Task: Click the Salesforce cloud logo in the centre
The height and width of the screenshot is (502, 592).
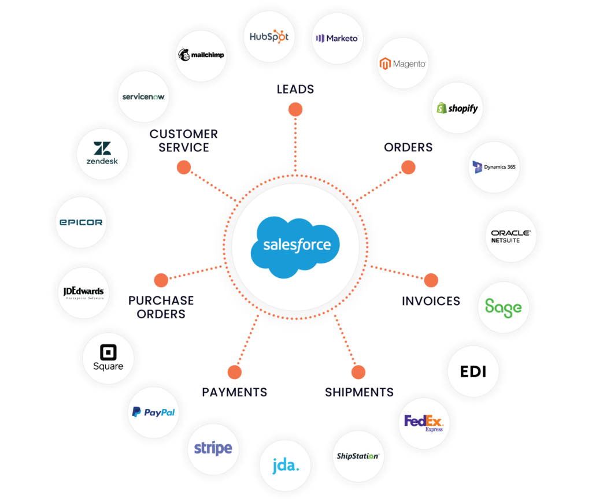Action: pos(295,246)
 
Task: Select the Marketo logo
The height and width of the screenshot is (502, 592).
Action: pos(336,38)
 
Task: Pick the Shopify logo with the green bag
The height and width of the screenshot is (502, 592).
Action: pos(457,108)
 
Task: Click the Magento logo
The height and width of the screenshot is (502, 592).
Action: pos(403,64)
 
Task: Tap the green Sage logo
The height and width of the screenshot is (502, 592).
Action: pos(504,306)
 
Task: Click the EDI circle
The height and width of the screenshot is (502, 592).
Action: pos(472,371)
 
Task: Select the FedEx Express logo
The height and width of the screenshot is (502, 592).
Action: pos(424,423)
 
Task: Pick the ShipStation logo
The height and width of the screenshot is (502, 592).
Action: pos(357,456)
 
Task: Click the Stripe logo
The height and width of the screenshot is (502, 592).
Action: pos(213,448)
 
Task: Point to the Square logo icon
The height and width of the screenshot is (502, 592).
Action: pos(108,352)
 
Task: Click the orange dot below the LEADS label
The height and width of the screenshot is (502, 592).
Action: pos(295,109)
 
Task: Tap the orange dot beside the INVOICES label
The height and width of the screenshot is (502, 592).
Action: pos(431,281)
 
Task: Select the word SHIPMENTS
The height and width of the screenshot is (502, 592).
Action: pos(358,393)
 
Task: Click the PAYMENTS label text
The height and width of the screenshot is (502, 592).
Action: pos(234,393)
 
